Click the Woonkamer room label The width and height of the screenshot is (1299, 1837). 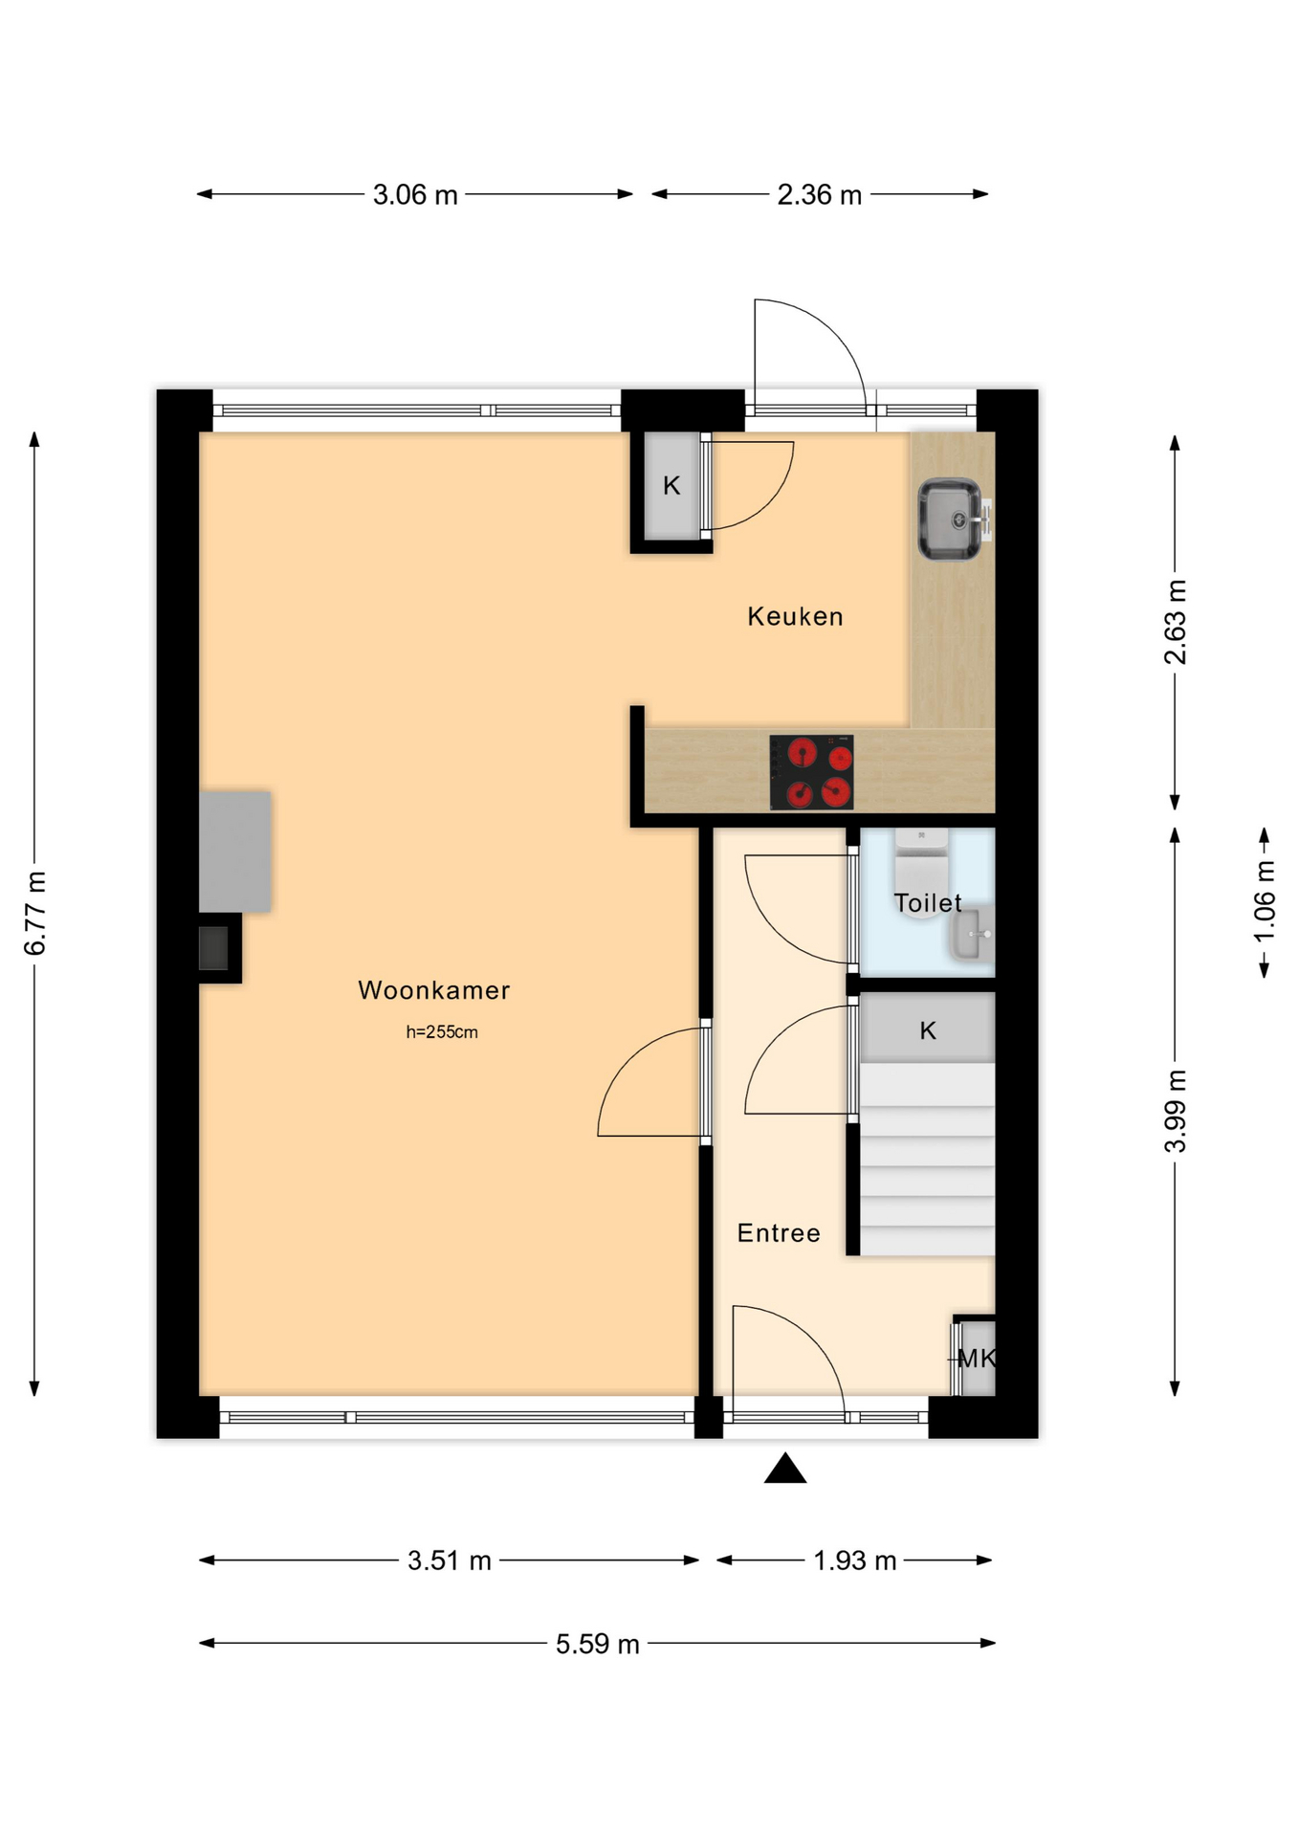[x=433, y=990]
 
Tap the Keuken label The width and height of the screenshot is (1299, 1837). [x=795, y=616]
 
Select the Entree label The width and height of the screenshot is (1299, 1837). [x=779, y=1232]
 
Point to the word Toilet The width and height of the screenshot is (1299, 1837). [x=928, y=902]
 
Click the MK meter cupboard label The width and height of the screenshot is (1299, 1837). [x=977, y=1358]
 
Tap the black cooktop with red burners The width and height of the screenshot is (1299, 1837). [x=811, y=772]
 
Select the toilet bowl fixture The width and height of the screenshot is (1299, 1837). [x=921, y=874]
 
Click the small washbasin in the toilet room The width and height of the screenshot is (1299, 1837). [x=972, y=935]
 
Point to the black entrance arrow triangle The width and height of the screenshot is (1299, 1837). [x=785, y=1469]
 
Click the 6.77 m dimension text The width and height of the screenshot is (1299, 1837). [x=35, y=914]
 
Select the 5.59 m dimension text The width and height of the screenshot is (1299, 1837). [x=598, y=1644]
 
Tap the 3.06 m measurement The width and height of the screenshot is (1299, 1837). [x=415, y=195]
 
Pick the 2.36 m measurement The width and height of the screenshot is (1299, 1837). [x=820, y=195]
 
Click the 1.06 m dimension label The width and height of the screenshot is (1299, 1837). [x=1265, y=901]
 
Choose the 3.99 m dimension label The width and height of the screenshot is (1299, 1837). [x=1176, y=1111]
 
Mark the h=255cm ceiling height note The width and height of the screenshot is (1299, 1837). [x=442, y=1032]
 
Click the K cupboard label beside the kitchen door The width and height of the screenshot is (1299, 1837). [x=672, y=486]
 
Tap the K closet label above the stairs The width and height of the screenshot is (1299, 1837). [x=928, y=1030]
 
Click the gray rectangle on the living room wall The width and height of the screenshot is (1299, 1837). [x=235, y=852]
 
